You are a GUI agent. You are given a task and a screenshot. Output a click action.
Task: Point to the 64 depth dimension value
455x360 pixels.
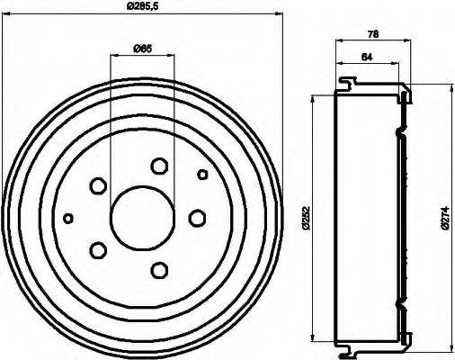click(366, 58)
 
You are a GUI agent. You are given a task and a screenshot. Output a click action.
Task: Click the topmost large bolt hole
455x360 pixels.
click(160, 166)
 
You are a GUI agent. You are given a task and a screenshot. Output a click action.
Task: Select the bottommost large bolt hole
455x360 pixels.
click(160, 269)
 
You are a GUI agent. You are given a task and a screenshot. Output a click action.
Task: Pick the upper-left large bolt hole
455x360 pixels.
click(98, 185)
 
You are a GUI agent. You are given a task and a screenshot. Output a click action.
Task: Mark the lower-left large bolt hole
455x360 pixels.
click(98, 249)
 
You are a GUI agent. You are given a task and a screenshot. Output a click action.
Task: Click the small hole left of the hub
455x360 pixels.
click(68, 217)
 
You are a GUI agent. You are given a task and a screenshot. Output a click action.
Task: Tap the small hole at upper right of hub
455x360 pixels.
click(202, 174)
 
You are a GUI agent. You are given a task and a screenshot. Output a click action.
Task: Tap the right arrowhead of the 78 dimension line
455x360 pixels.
click(409, 41)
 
